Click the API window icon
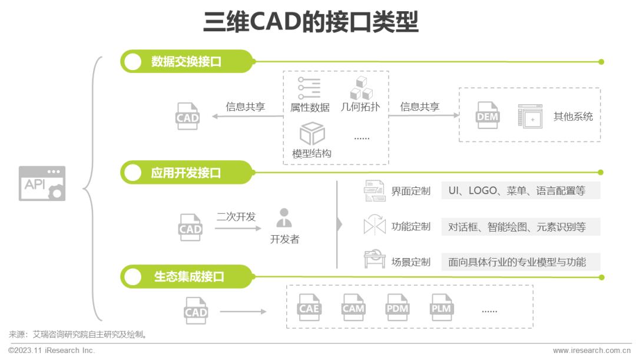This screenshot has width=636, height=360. (x=42, y=183)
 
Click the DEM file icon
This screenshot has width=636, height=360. (x=487, y=115)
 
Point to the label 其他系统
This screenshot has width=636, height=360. (x=573, y=117)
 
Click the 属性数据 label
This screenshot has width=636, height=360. (x=310, y=107)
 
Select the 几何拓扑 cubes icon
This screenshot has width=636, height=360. (x=361, y=88)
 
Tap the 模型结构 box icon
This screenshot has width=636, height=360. (x=312, y=134)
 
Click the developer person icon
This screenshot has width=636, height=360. (x=284, y=217)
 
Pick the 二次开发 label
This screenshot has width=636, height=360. (x=236, y=216)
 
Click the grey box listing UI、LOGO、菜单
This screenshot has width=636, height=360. (x=521, y=191)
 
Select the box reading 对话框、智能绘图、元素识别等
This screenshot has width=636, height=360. (x=521, y=227)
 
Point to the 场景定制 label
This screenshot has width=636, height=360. (x=410, y=262)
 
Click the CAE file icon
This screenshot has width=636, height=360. (x=309, y=308)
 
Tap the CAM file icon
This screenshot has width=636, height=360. (x=353, y=308)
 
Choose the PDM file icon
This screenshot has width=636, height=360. (x=397, y=308)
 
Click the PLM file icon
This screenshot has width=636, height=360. (x=441, y=308)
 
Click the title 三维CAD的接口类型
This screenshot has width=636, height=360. (x=311, y=22)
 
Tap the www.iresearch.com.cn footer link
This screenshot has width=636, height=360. (x=591, y=350)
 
